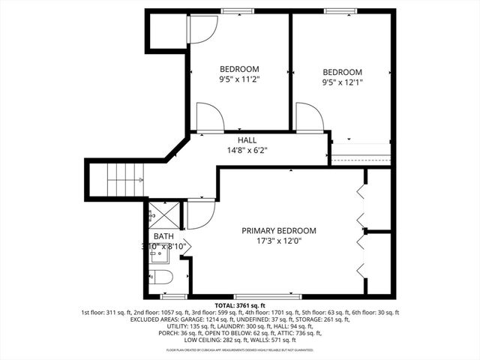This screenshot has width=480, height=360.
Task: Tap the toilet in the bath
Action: click(x=163, y=278)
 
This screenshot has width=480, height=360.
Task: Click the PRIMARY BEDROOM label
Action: click(x=278, y=230)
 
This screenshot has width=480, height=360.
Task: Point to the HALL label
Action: click(x=247, y=140)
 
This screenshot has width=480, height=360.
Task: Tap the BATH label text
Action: click(x=163, y=236)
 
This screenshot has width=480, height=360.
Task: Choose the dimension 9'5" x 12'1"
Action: click(x=342, y=82)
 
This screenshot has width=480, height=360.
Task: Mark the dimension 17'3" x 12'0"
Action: click(x=278, y=241)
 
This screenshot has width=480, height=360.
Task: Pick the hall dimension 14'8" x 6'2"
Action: click(x=247, y=150)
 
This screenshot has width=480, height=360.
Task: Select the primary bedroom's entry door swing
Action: click(x=200, y=214)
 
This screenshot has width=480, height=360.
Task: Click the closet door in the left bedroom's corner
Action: click(x=201, y=29)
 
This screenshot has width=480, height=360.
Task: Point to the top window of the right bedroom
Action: click(x=340, y=10)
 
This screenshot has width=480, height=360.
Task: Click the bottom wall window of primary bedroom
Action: click(x=268, y=296)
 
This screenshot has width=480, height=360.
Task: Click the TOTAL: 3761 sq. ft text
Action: click(x=240, y=306)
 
